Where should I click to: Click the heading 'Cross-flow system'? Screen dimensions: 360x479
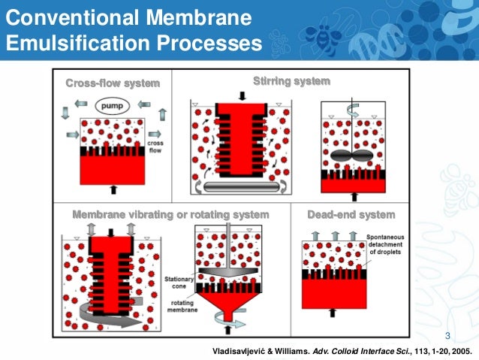112,83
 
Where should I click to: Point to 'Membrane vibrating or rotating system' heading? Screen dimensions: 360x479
170,215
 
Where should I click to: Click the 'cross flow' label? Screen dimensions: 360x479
155,147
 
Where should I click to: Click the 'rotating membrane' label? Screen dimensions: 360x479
179,304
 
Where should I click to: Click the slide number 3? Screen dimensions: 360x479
447,335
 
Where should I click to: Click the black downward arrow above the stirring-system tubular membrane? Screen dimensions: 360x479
241,95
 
